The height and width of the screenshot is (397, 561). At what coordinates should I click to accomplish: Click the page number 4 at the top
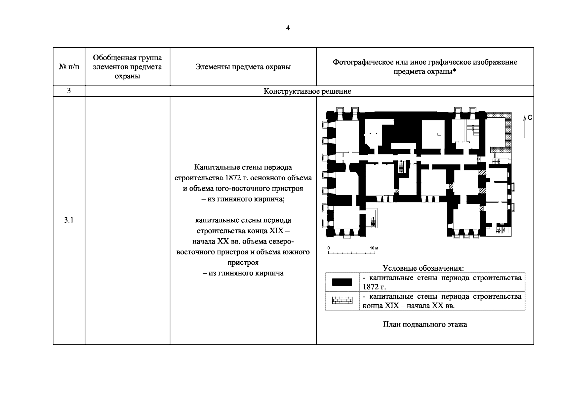pos(288,28)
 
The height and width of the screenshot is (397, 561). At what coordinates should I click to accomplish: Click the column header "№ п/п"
pos(69,67)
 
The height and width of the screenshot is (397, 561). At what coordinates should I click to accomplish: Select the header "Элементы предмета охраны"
pos(243,67)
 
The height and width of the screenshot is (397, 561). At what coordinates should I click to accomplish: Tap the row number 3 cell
pos(69,91)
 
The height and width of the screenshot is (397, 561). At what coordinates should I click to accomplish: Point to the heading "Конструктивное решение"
pos(307,91)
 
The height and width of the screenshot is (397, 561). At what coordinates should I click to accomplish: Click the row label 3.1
pos(69,220)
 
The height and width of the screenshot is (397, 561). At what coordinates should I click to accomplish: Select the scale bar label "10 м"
pos(374,248)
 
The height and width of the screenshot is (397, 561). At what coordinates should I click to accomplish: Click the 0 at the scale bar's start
pos(329,248)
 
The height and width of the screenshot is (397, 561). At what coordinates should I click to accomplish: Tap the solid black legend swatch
pos(342,282)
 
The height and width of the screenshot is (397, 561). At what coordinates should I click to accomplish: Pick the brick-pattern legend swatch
pos(342,301)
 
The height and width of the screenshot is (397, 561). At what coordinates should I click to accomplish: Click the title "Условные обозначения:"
pos(423,268)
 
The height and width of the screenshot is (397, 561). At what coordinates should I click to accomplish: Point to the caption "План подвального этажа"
pos(425,324)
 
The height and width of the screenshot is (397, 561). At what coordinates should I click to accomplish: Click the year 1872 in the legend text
pos(371,287)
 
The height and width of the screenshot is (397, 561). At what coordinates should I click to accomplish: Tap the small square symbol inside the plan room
pos(439,134)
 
